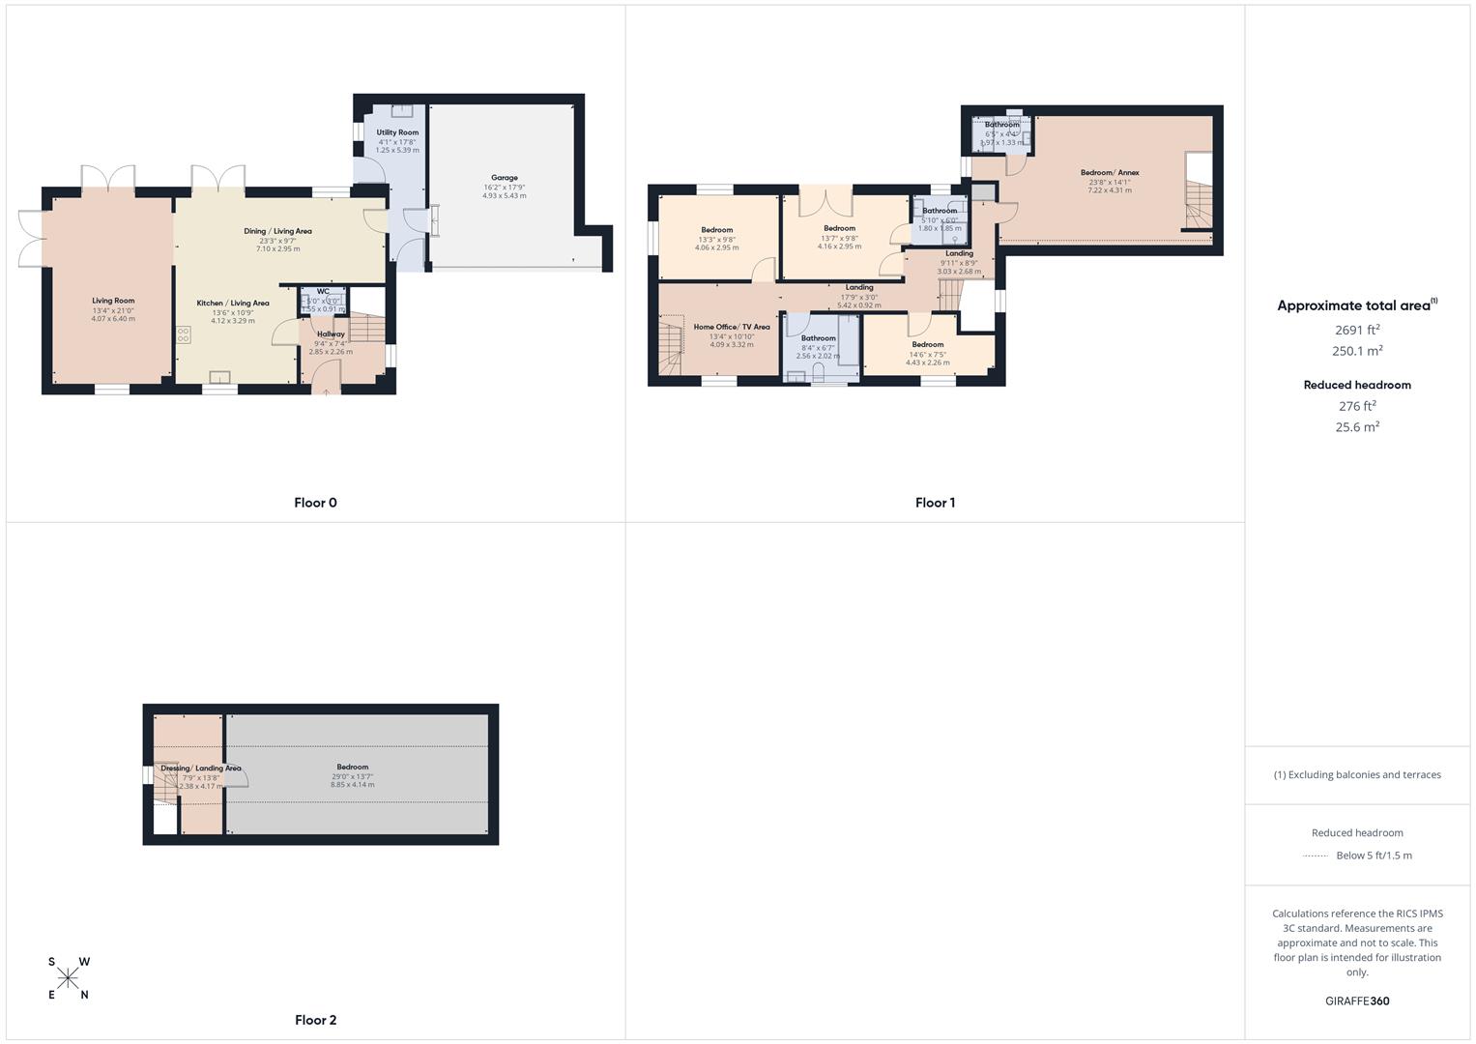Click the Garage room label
504,178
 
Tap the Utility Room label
397,132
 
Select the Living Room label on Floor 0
113,301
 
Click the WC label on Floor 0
323,291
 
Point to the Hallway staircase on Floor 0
366,329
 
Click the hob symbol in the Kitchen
183,334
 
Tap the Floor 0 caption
315,503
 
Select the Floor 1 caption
935,503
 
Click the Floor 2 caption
315,1020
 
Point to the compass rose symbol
68,978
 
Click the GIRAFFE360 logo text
1357,1000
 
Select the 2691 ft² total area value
1357,330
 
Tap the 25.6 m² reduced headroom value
1357,427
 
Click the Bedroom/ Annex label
1109,173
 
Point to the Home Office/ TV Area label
731,327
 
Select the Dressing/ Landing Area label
201,768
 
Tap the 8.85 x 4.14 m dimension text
352,785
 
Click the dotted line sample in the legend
1316,855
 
